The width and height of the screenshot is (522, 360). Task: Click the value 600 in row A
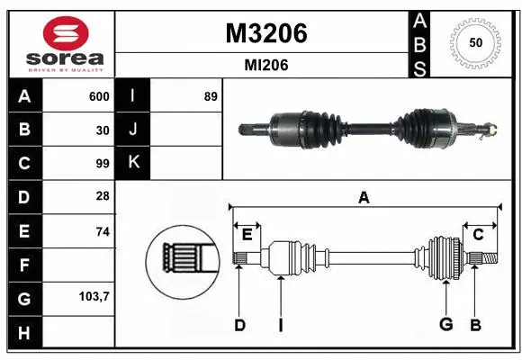pyautogui.click(x=99, y=96)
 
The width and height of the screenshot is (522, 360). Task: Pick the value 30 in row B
pyautogui.click(x=103, y=130)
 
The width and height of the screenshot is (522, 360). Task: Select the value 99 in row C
pyautogui.click(x=103, y=164)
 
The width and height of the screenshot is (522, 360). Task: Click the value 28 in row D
pyautogui.click(x=103, y=197)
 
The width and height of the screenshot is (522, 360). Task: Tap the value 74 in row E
pyautogui.click(x=103, y=231)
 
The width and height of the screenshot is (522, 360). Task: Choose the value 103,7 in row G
pyautogui.click(x=94, y=296)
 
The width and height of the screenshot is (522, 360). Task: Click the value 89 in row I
pyautogui.click(x=211, y=96)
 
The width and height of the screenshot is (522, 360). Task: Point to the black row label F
pyautogui.click(x=23, y=265)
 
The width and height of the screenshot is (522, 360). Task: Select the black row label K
pyautogui.click(x=133, y=164)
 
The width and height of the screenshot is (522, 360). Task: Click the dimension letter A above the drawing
pyautogui.click(x=364, y=197)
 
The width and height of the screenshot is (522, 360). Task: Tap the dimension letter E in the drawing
pyautogui.click(x=247, y=235)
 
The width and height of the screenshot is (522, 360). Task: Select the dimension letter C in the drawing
pyautogui.click(x=479, y=235)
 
